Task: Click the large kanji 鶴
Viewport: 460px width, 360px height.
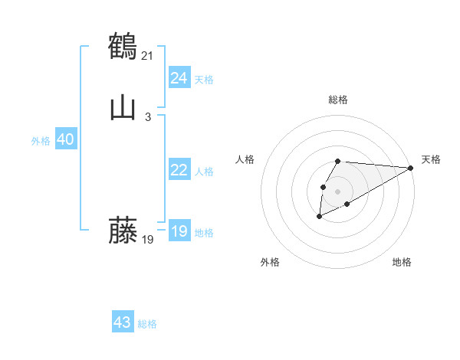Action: pyautogui.click(x=123, y=45)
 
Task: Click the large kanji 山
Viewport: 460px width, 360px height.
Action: pyautogui.click(x=123, y=107)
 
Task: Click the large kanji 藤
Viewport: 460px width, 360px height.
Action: pyautogui.click(x=123, y=230)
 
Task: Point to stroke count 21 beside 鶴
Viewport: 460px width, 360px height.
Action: pyautogui.click(x=149, y=54)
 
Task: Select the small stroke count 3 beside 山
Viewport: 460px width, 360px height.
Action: pyautogui.click(x=148, y=116)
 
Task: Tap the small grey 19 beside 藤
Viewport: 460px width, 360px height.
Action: pyautogui.click(x=148, y=240)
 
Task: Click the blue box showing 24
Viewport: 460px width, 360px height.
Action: pyautogui.click(x=179, y=78)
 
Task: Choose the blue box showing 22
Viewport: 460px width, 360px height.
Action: pyautogui.click(x=179, y=171)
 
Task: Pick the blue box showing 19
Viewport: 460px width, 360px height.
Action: pyautogui.click(x=179, y=232)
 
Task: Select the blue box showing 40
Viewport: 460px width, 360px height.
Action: pyautogui.click(x=65, y=140)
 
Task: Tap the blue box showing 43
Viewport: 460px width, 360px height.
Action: pyautogui.click(x=123, y=322)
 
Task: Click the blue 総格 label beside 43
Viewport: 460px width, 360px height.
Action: pyautogui.click(x=147, y=324)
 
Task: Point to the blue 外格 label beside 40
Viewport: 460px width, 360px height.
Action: pyautogui.click(x=41, y=141)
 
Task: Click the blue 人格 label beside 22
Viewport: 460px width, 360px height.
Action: pyautogui.click(x=204, y=172)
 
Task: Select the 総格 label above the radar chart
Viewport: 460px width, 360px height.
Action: pyautogui.click(x=337, y=100)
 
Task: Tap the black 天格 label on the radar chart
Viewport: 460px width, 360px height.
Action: pyautogui.click(x=431, y=159)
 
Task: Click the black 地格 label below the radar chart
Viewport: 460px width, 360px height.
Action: pyautogui.click(x=402, y=262)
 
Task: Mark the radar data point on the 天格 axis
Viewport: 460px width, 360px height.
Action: pyautogui.click(x=411, y=167)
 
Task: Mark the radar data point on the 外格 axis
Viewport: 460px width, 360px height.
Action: pyautogui.click(x=319, y=217)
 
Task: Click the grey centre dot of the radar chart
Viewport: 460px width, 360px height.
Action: pyautogui.click(x=337, y=191)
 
